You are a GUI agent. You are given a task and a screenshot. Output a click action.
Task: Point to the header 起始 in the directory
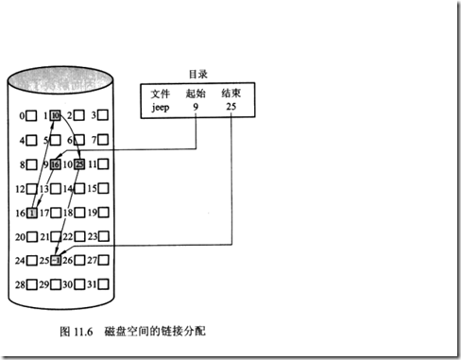pos(196,94)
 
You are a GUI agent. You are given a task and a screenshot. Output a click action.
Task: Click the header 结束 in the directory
pos(232,94)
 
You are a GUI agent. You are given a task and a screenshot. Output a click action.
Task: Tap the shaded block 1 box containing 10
pos(56,115)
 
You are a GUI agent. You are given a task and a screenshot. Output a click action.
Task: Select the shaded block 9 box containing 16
pos(56,164)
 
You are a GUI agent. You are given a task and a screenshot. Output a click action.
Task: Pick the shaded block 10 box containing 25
pos(79,164)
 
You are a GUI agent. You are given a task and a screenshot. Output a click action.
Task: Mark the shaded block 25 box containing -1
pos(56,261)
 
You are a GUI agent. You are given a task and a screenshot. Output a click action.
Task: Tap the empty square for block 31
pos(104,284)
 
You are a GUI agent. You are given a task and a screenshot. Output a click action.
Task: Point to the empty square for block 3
pos(104,115)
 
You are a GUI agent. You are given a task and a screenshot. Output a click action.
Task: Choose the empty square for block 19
pos(104,213)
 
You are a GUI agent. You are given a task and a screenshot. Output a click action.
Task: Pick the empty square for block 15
pos(104,188)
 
